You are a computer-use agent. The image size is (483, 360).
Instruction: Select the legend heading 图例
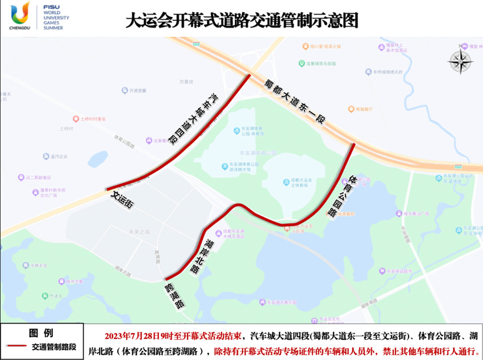pos(41,332)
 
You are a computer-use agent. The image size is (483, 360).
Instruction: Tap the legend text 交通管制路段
pos(54,346)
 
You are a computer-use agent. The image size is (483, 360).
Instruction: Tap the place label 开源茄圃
pos(134,90)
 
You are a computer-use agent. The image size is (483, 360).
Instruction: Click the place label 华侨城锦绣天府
pos(386,72)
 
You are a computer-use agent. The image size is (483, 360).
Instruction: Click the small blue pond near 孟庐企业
pos(98,159)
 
